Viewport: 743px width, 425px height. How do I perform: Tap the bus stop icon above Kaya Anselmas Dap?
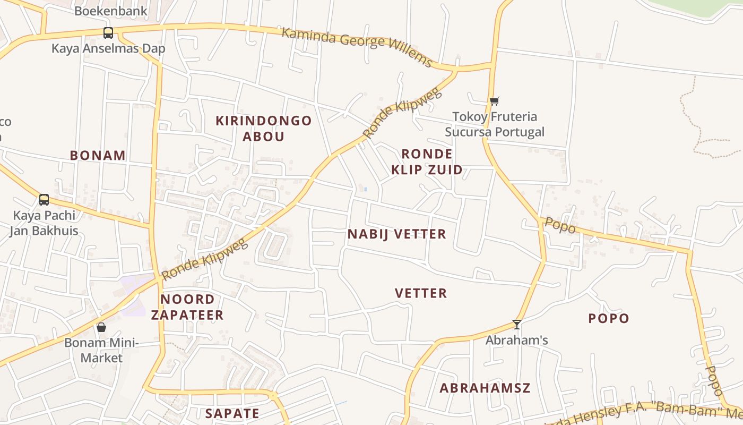(108, 33)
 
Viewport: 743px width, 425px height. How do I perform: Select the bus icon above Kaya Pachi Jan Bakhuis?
(44, 200)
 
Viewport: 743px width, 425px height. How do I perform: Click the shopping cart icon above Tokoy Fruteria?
(494, 101)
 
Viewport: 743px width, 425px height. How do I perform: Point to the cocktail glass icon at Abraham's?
(517, 324)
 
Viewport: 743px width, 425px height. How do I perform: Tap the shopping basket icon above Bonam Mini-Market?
(101, 327)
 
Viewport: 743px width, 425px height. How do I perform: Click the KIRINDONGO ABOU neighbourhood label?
(264, 129)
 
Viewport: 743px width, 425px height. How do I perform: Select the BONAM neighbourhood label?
(98, 156)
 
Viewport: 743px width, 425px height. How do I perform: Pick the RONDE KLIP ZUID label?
(427, 162)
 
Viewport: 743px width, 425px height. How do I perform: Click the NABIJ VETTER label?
(397, 234)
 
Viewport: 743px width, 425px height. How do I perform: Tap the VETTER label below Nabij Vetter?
(421, 293)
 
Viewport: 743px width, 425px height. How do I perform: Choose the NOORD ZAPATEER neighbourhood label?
(187, 307)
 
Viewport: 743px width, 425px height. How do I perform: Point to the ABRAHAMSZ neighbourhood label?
(485, 388)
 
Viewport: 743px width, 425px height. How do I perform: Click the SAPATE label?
(232, 413)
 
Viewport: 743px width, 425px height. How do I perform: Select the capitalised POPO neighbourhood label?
(609, 319)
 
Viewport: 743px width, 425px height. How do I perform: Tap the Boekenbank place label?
(111, 11)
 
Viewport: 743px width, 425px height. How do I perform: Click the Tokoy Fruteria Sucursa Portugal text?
(495, 124)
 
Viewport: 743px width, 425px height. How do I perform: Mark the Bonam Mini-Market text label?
(101, 350)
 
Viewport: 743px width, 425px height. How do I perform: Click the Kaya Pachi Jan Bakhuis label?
(44, 223)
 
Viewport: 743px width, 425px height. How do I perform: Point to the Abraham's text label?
(517, 340)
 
